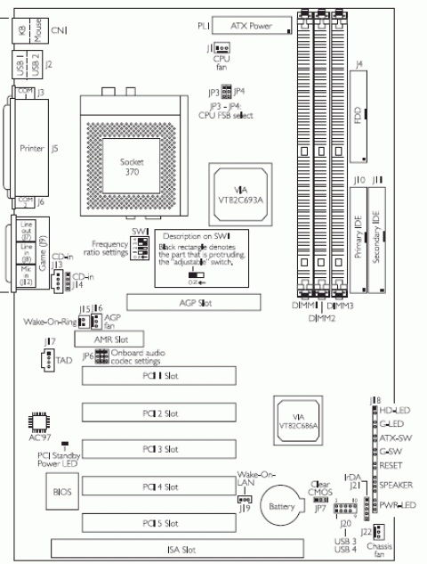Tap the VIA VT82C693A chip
(x=236, y=189)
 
